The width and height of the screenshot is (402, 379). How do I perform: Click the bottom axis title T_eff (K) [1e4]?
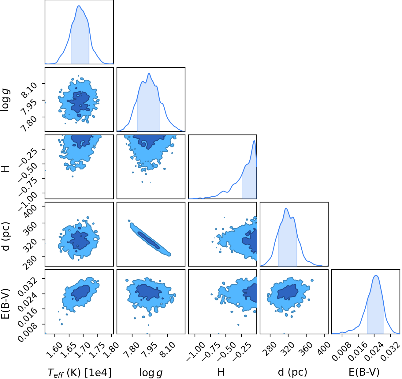click(80, 372)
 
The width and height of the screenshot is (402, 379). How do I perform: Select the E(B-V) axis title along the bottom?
click(364, 372)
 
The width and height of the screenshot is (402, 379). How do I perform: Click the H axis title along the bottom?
click(221, 372)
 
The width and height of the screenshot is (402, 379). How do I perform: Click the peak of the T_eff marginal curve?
click(79, 6)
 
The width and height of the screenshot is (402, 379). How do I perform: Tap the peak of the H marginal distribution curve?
click(254, 141)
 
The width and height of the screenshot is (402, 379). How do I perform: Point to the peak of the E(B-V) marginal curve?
click(376, 275)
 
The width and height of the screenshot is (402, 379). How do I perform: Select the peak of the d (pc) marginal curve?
click(286, 208)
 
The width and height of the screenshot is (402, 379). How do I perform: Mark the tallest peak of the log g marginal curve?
click(149, 73)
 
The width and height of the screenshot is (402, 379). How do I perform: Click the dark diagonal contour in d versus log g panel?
click(149, 240)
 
